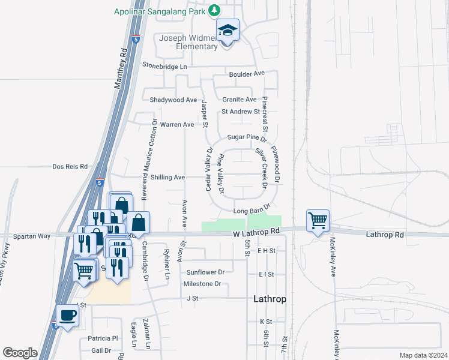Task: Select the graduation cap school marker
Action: (228, 30)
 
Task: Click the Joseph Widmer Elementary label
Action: (188, 42)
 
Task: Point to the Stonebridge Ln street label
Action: (164, 65)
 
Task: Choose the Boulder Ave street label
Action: (247, 74)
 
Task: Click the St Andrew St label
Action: (240, 112)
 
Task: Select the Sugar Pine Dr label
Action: (246, 137)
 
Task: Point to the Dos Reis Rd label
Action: (70, 166)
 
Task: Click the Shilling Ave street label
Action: (167, 178)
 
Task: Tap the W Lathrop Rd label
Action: (257, 231)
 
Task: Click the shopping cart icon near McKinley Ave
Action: (317, 220)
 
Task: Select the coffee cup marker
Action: (67, 315)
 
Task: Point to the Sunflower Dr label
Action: (205, 272)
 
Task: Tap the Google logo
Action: (20, 353)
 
